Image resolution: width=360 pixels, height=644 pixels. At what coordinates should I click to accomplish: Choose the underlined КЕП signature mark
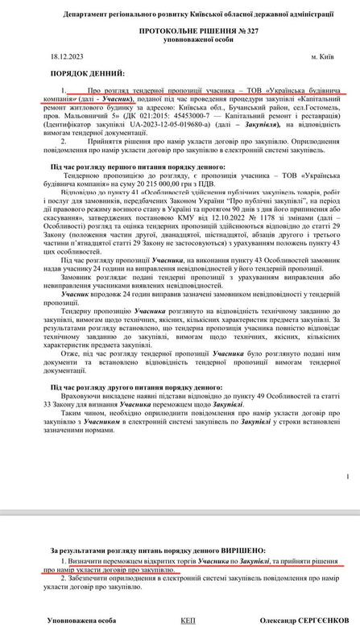[x=188, y=621]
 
